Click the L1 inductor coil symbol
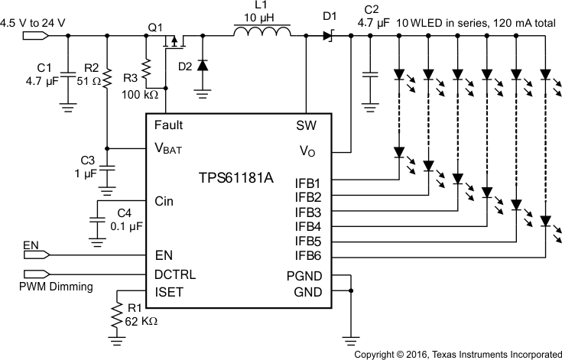[262, 32]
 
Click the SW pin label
[307, 125]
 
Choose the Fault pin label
[168, 125]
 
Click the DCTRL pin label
[174, 274]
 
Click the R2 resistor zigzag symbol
[108, 76]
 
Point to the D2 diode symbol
[202, 66]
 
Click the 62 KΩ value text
[141, 322]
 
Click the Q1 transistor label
[156, 27]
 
